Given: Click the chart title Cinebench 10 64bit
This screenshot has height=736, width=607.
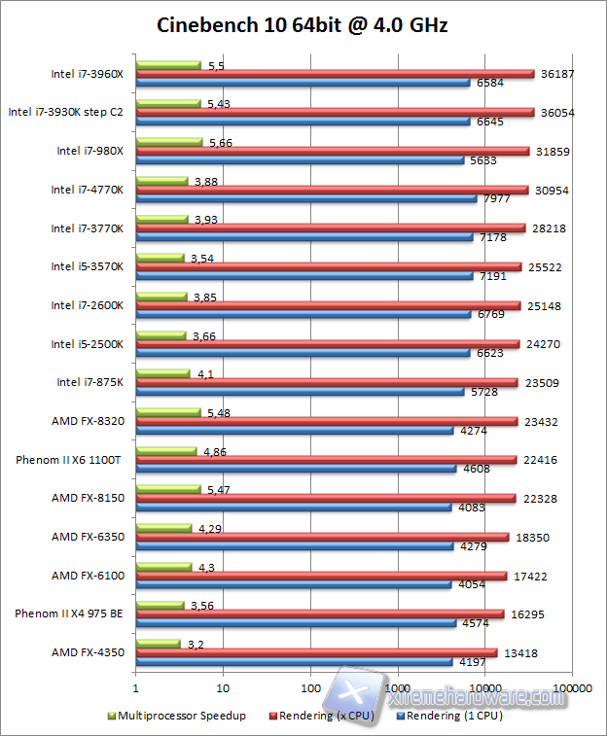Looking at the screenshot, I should tap(303, 24).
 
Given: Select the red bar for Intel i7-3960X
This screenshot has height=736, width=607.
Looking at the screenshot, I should tap(335, 74).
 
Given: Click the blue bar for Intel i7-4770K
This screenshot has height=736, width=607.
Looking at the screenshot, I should tap(306, 198).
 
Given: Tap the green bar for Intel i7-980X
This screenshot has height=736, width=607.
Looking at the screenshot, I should tap(169, 142).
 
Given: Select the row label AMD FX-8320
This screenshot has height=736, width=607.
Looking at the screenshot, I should tap(88, 421).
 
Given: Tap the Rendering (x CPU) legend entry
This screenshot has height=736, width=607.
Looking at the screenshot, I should tap(326, 717).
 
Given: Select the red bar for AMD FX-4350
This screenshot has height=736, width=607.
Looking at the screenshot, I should tap(316, 652).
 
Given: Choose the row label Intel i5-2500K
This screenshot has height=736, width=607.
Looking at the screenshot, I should tap(88, 344).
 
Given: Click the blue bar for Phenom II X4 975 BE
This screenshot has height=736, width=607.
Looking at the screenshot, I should tap(296, 622).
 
